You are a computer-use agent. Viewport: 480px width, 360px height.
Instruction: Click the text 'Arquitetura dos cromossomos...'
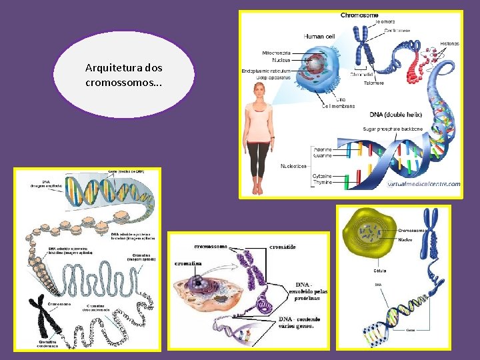[123, 75]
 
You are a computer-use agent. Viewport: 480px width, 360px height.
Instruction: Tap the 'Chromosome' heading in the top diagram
[359, 15]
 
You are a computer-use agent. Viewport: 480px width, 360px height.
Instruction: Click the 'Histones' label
[449, 43]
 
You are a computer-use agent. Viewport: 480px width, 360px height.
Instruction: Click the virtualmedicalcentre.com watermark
[423, 184]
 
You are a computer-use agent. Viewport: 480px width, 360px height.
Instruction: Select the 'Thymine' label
[321, 182]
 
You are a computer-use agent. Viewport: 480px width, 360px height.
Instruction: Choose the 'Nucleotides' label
[293, 166]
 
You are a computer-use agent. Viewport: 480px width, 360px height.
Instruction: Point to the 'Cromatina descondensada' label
[96, 308]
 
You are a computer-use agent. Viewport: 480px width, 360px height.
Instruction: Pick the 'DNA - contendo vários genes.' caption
[299, 322]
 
